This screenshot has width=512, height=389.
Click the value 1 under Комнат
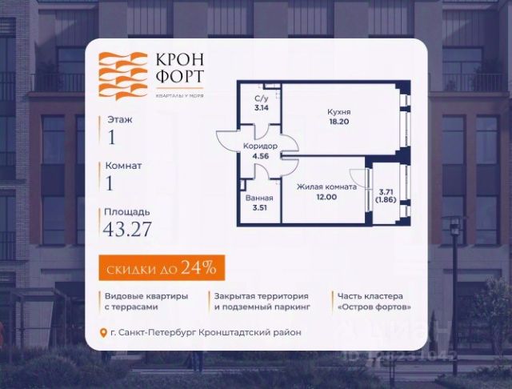pyautogui.click(x=110, y=182)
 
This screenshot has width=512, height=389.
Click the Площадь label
pyautogui.click(x=126, y=212)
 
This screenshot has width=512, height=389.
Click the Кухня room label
pyautogui.click(x=338, y=114)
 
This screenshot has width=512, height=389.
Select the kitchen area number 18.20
pyautogui.click(x=338, y=125)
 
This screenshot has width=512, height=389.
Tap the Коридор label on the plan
pyautogui.click(x=260, y=146)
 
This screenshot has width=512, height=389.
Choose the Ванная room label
pyautogui.click(x=260, y=198)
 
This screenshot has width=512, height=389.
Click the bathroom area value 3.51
pyautogui.click(x=260, y=208)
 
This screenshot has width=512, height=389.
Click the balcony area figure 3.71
pyautogui.click(x=386, y=192)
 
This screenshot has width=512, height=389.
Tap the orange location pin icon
pyautogui.click(x=102, y=333)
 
